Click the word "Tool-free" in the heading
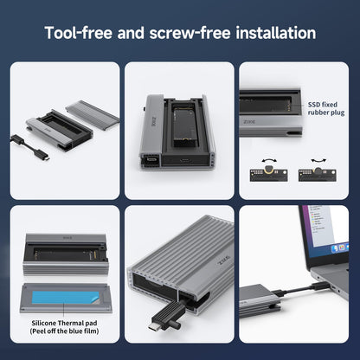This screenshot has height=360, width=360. click(79, 33)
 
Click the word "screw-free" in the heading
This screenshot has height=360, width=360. click(190, 33)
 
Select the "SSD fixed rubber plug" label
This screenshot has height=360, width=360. click(326, 108)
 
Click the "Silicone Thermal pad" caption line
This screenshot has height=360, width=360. click(64, 323)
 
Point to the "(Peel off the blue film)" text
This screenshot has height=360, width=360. click(64, 331)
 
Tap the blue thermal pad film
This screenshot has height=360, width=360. click(65, 298)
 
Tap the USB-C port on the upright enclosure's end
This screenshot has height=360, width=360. click(185, 159)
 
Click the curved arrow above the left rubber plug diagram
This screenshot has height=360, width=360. click(269, 160)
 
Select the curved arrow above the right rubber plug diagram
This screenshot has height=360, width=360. click(318, 160)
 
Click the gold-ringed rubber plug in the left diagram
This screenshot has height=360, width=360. click(269, 170)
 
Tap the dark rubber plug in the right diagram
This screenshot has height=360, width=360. click(318, 170)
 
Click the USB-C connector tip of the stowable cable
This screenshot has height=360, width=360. click(156, 326)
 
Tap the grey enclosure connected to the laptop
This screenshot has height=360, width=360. click(259, 300)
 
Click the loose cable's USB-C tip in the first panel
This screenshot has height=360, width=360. click(45, 157)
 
